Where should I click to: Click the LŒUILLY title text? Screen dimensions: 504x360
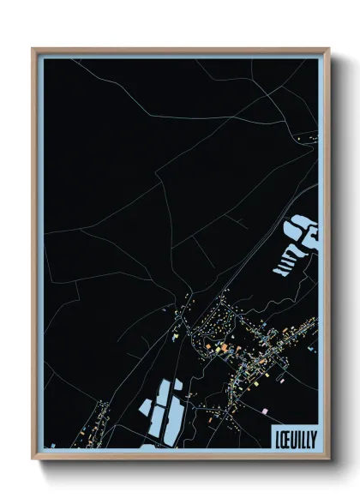pos(294,438)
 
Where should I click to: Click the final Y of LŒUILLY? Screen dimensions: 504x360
pos(313,438)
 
